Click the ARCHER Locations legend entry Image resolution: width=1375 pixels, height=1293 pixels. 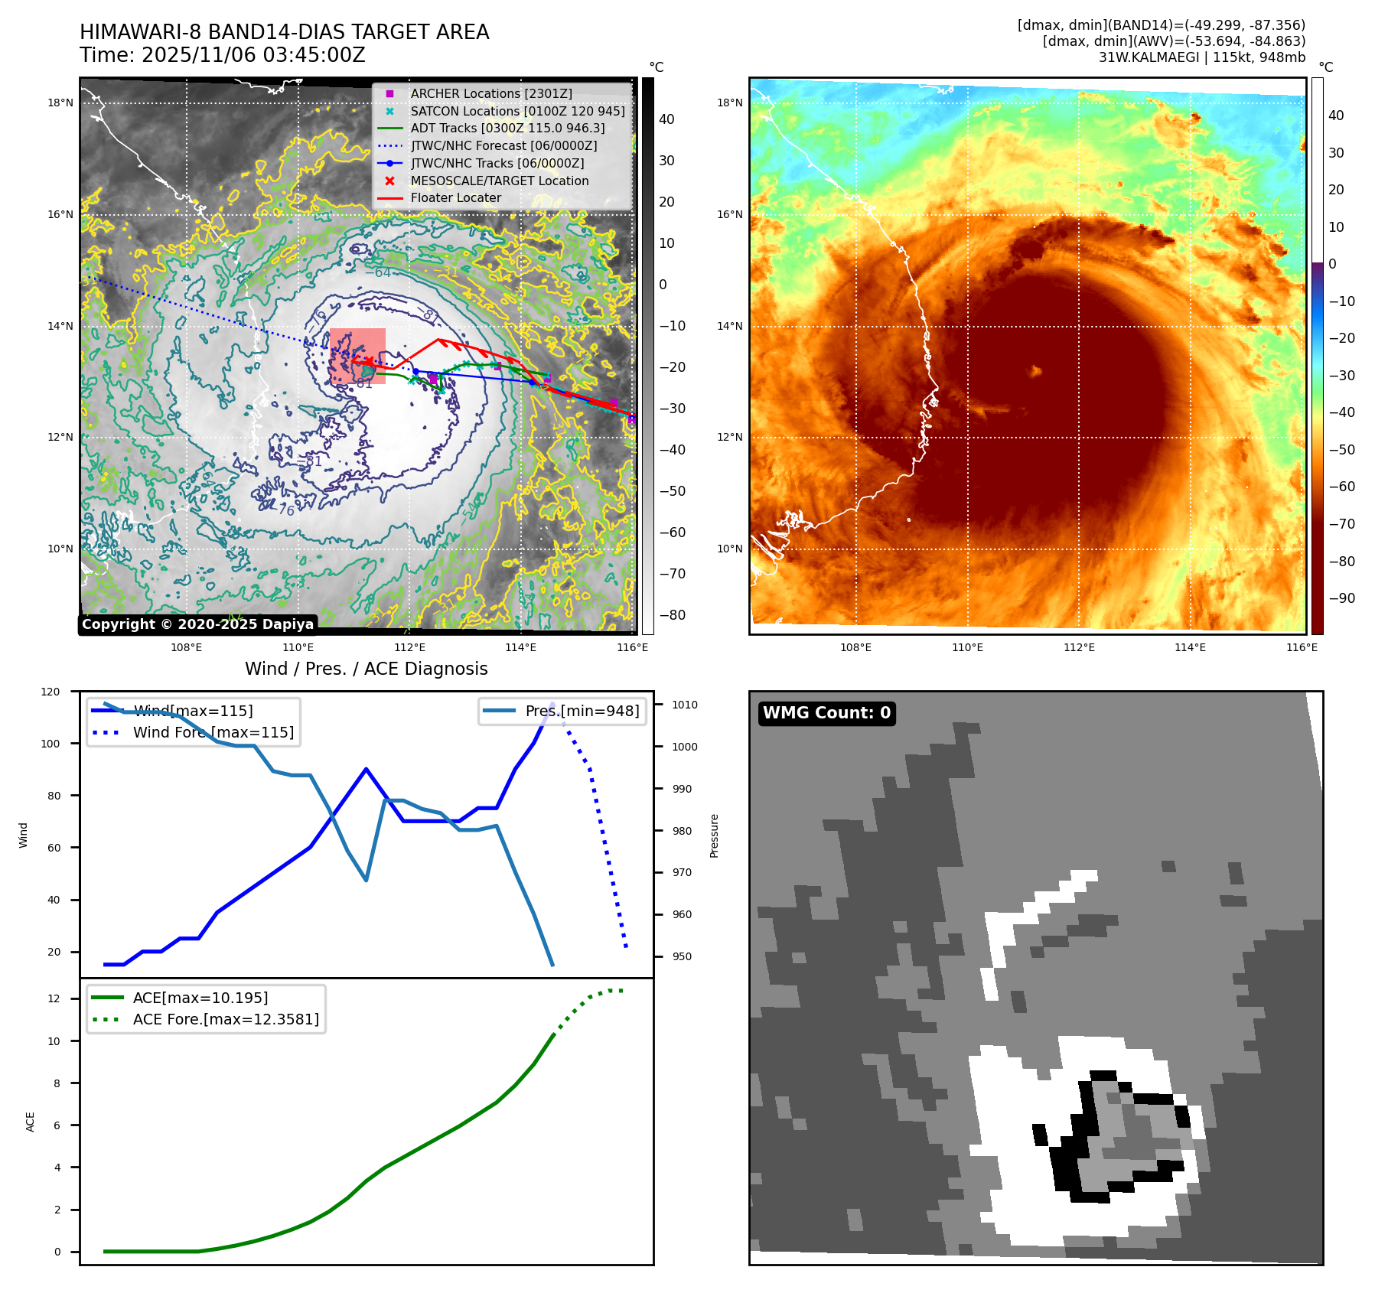pyautogui.click(x=490, y=93)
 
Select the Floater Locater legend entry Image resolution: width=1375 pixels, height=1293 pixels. pyautogui.click(x=455, y=197)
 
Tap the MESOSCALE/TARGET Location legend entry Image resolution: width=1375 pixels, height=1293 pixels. pyautogui.click(x=499, y=181)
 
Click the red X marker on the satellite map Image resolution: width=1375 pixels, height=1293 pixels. pyautogui.click(x=369, y=360)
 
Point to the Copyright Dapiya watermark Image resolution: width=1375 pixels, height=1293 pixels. pyautogui.click(x=197, y=624)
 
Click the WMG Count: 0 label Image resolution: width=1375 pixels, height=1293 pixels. pyautogui.click(x=826, y=713)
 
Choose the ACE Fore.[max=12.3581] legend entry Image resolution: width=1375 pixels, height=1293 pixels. pyautogui.click(x=226, y=1019)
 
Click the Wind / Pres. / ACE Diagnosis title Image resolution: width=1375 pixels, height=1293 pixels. pyautogui.click(x=366, y=669)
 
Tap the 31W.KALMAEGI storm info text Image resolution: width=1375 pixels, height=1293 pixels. pyautogui.click(x=1201, y=57)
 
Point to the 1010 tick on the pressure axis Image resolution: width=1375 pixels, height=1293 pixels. pyautogui.click(x=685, y=705)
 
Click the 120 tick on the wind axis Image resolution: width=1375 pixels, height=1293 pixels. pyautogui.click(x=51, y=692)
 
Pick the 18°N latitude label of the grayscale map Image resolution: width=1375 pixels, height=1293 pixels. pyautogui.click(x=60, y=103)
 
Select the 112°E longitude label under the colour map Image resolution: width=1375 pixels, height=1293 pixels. pyautogui.click(x=1079, y=647)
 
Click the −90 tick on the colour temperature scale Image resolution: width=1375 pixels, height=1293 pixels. pyautogui.click(x=1342, y=598)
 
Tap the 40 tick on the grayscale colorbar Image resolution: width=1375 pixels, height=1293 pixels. pyautogui.click(x=666, y=119)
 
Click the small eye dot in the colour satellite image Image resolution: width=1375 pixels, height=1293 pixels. pyautogui.click(x=1036, y=371)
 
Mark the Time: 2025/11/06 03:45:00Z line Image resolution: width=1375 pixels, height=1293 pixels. pyautogui.click(x=222, y=55)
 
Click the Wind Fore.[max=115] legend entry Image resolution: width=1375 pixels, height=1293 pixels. pyautogui.click(x=213, y=732)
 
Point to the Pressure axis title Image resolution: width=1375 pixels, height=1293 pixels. pyautogui.click(x=714, y=835)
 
